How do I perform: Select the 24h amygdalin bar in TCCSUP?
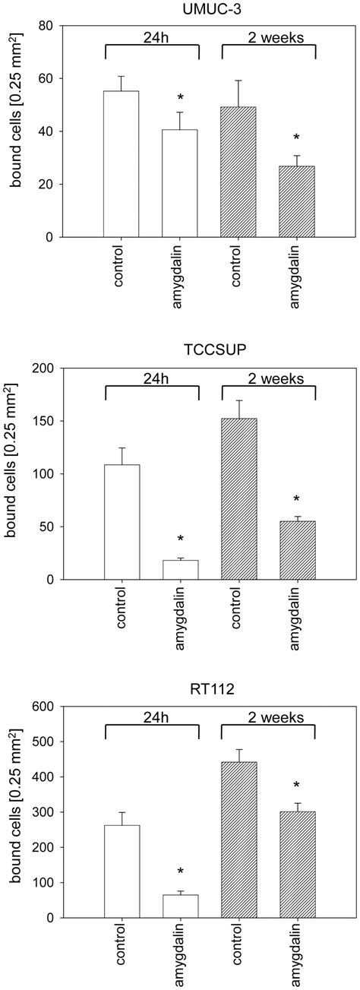tap(180, 570)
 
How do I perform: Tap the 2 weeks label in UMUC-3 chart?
tap(268, 35)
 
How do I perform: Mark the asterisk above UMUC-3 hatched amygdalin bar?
tap(297, 138)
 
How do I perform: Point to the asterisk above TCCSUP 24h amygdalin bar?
tap(180, 539)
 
